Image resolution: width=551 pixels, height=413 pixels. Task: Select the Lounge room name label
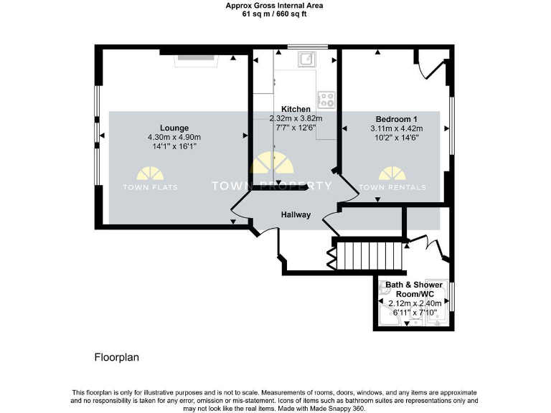click(x=174, y=128)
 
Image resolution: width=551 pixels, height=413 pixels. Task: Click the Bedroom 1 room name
click(x=396, y=119)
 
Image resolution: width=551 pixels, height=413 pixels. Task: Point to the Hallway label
click(x=296, y=214)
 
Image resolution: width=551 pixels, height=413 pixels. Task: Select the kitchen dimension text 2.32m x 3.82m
click(x=296, y=119)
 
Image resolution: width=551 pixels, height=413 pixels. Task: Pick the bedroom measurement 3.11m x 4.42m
click(x=396, y=129)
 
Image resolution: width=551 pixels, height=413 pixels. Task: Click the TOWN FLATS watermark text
click(x=151, y=188)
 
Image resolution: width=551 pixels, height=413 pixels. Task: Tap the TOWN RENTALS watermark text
click(x=392, y=188)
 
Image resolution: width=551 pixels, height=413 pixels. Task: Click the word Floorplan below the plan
click(x=116, y=356)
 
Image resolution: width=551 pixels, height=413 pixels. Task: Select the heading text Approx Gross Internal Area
click(x=274, y=5)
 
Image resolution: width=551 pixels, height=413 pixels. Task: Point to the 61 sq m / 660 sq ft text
click(x=274, y=14)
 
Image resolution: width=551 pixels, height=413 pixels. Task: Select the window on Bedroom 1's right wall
click(x=451, y=125)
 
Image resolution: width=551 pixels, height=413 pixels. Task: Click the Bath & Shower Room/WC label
click(x=413, y=290)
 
